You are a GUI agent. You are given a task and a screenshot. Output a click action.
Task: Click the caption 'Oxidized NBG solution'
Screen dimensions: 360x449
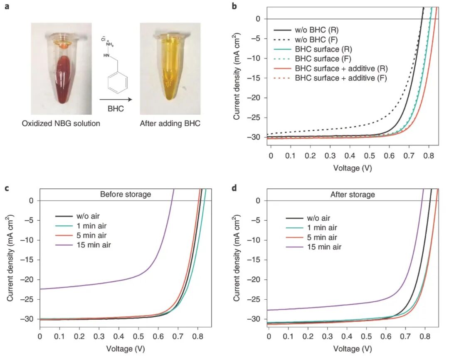coord(61,123)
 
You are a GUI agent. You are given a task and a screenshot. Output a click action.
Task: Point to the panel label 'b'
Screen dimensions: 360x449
coord(234,6)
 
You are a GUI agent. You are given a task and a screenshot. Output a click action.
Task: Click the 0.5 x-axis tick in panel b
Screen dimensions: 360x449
coord(370,155)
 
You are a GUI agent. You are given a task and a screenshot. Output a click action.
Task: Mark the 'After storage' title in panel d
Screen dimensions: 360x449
coord(353,194)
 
